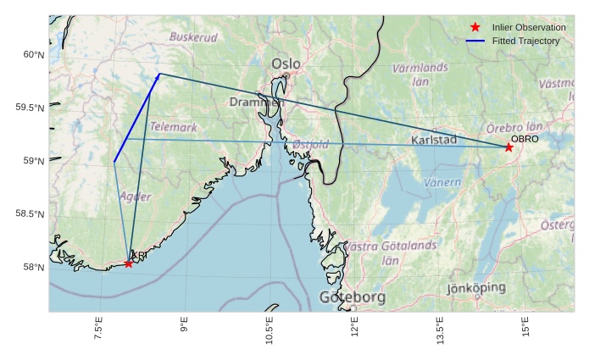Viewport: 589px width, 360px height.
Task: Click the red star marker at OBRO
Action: [508, 147]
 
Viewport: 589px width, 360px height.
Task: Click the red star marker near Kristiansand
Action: [128, 263]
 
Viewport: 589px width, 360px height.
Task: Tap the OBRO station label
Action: [525, 138]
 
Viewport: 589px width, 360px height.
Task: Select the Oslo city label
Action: [286, 64]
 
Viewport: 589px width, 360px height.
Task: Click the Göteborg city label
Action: [352, 297]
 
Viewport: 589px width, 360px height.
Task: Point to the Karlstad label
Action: [433, 140]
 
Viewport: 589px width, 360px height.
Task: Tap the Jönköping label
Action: [476, 288]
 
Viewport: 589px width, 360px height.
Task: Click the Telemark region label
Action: [174, 127]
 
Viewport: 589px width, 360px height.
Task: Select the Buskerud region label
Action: [193, 37]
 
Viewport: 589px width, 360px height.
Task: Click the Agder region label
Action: [136, 197]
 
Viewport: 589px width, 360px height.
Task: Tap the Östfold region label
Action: [310, 145]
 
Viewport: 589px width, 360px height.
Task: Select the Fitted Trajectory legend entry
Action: [525, 41]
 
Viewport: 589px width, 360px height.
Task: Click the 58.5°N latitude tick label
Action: [30, 214]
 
